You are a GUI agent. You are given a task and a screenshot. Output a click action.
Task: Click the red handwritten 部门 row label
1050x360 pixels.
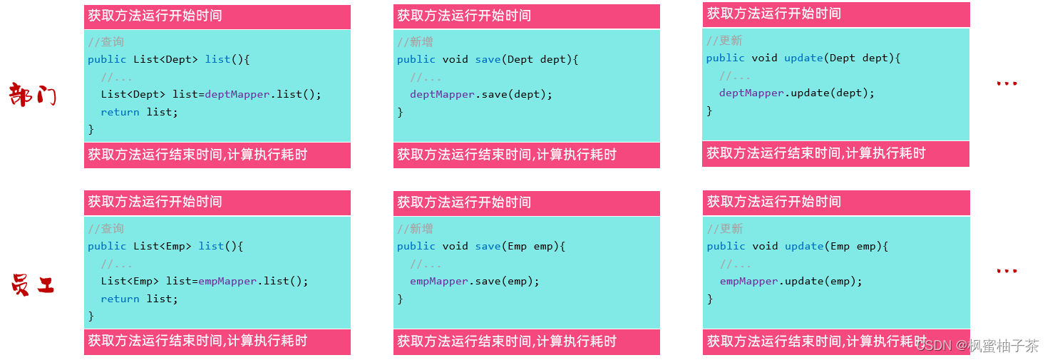(32, 95)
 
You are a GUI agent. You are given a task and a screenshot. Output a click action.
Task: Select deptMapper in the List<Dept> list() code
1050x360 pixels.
(237, 94)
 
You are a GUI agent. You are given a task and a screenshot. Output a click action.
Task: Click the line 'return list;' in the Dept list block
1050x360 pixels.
(139, 112)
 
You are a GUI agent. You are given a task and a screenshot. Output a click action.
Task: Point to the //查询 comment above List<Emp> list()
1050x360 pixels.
(106, 229)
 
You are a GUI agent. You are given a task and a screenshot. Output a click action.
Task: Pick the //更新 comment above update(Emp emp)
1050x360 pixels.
(725, 229)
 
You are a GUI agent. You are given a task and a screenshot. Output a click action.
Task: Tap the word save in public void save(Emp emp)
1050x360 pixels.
(488, 246)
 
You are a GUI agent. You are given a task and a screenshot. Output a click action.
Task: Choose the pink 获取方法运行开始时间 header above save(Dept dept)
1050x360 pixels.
(464, 16)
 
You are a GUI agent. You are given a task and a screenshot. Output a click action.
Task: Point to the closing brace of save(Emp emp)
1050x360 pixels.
(400, 299)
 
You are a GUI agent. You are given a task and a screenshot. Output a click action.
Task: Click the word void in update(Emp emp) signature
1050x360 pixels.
(765, 246)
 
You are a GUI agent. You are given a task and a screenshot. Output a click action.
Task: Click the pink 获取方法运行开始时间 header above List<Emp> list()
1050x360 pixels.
(155, 202)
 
